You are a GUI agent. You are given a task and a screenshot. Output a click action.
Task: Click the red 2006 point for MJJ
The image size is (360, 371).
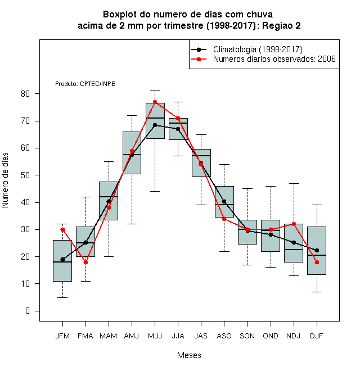(x=155, y=102)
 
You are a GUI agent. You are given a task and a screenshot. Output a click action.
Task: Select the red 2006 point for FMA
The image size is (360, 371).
(x=85, y=262)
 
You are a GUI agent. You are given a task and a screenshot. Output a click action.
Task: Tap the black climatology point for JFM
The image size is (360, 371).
(x=62, y=260)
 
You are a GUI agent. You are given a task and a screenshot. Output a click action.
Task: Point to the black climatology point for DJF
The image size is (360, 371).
(x=317, y=250)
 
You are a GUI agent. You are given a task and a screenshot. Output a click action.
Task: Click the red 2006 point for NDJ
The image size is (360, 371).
(x=294, y=224)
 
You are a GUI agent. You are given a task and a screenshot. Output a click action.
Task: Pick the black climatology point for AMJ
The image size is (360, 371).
(x=132, y=155)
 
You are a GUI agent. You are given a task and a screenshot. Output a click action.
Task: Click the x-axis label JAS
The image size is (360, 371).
(x=201, y=336)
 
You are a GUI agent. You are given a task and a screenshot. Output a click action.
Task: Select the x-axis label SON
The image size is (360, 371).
(x=247, y=336)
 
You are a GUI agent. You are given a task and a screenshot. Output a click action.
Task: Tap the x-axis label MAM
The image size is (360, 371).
(x=108, y=336)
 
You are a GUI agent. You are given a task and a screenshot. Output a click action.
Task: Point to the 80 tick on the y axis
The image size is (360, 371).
(x=37, y=94)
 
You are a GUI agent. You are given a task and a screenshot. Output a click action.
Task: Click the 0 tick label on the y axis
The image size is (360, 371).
(x=28, y=311)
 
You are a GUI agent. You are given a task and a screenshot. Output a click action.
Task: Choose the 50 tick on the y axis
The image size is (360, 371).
(x=37, y=175)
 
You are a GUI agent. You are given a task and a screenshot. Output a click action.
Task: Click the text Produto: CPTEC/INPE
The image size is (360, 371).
(x=85, y=84)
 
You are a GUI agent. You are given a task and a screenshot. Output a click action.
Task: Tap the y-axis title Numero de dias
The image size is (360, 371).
(x=5, y=180)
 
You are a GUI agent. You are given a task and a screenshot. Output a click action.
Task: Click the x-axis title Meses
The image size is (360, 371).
(x=189, y=355)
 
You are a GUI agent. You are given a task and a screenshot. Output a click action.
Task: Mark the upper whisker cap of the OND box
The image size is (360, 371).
(x=271, y=186)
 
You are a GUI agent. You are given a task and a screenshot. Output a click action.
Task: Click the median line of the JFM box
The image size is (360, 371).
(x=62, y=262)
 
